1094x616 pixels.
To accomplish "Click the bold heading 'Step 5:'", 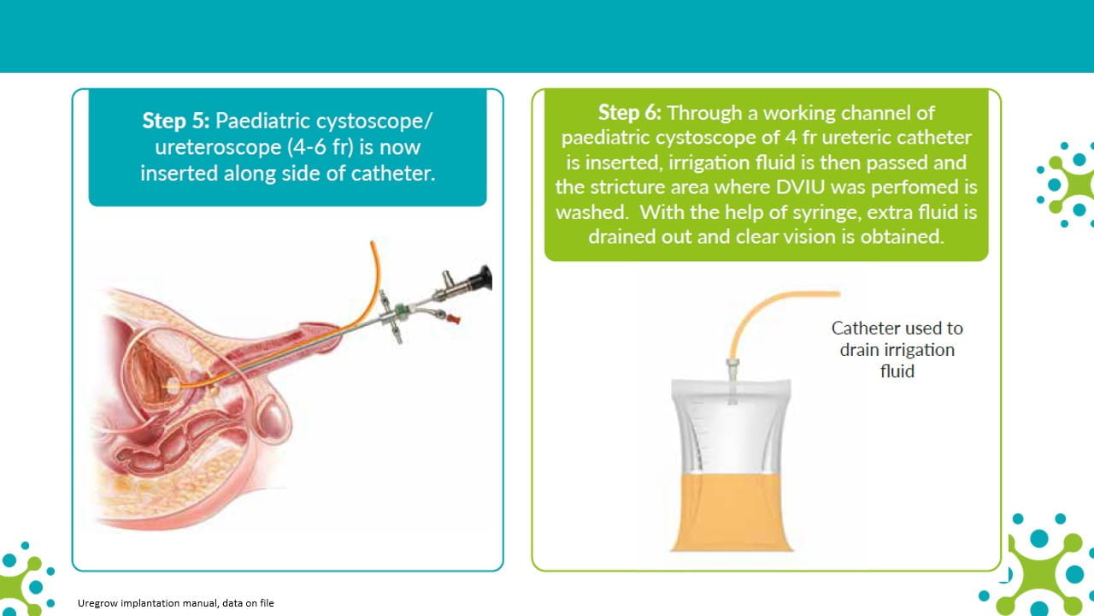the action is [176, 121].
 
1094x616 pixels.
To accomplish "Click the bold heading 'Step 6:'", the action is [630, 112].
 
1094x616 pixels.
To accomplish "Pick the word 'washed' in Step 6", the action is [591, 212].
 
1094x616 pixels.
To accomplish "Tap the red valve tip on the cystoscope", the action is [453, 319].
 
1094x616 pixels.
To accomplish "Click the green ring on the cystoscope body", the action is [401, 310].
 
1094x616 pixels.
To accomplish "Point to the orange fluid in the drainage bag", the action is [732, 512].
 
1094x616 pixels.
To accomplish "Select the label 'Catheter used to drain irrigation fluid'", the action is [897, 350].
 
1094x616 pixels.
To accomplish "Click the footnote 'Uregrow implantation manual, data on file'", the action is [176, 603].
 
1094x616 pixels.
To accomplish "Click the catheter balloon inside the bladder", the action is [174, 384].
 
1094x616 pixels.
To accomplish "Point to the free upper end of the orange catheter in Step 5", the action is [373, 242].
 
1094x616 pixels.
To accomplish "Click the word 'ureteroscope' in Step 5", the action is [218, 147].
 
